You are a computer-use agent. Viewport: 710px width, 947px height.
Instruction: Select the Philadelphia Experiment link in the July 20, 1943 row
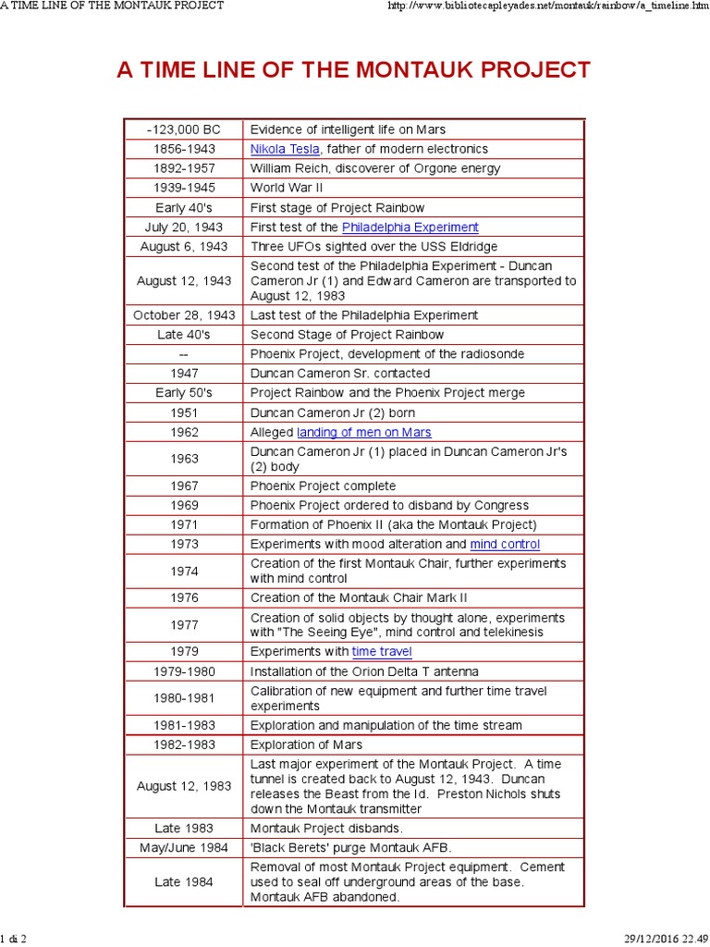410,227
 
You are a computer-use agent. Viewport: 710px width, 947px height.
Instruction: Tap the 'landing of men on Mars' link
363,432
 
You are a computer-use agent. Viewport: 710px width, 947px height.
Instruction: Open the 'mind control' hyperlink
505,544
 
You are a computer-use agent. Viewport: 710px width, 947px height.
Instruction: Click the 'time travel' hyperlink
382,652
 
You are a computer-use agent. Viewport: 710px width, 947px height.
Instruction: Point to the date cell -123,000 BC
183,129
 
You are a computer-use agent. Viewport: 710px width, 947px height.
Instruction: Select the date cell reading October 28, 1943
183,315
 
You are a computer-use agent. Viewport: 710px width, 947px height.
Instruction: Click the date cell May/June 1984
183,848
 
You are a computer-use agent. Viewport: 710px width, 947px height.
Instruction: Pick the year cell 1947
183,374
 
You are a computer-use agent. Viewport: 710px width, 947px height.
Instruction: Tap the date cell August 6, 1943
183,247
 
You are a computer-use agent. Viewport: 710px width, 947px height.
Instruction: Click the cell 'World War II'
286,188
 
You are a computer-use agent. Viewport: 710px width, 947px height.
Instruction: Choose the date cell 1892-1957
183,168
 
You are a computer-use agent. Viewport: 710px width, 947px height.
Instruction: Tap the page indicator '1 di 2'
14,939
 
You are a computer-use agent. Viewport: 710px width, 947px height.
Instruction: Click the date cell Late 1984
183,882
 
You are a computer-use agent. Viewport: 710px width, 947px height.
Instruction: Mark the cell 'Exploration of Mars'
306,744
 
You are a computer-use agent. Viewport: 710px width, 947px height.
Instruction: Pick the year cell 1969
183,505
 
